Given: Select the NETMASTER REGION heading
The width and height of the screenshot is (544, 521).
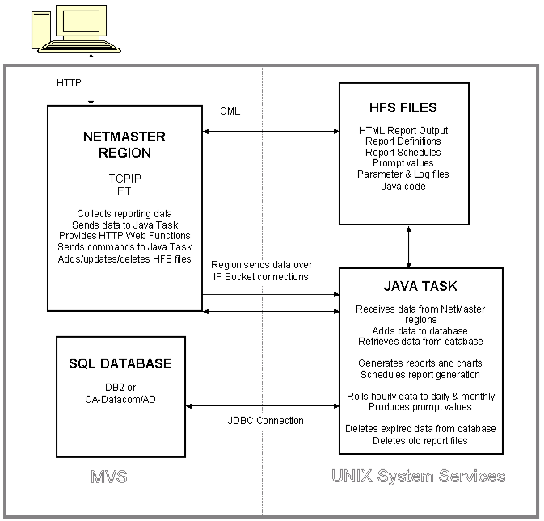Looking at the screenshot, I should pos(117,145).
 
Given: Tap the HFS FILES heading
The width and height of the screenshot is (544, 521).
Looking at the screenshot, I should pos(403,107).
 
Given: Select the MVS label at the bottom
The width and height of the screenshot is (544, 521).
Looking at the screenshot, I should pos(110,477).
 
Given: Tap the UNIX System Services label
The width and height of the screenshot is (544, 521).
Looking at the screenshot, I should pos(418,477).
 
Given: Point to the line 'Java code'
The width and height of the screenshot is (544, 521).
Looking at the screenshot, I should pos(403,187).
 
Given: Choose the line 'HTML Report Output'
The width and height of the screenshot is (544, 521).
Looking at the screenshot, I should pos(403,130).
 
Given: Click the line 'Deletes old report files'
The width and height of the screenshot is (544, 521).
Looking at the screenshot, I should pos(420,440).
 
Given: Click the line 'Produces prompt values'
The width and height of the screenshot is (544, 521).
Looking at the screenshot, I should pos(420,407).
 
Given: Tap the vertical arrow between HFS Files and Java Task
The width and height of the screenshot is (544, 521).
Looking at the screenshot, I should pos(409,246).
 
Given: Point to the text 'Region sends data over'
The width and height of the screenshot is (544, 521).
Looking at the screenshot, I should pos(260,265).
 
